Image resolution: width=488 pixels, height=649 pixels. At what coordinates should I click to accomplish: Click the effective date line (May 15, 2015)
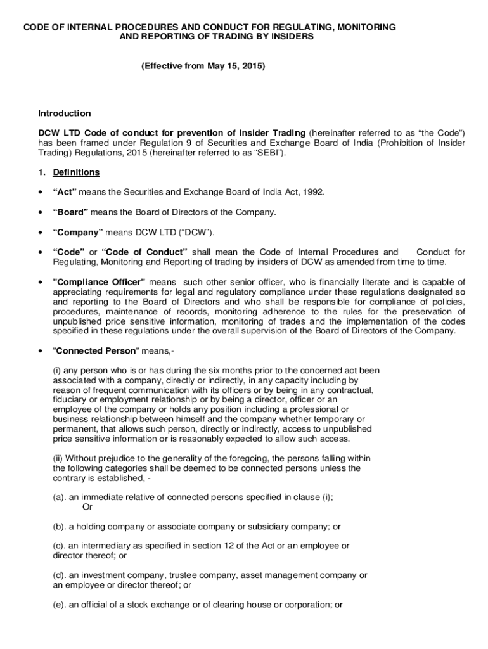203,65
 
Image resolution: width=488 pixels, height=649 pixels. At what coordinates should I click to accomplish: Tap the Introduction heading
65,113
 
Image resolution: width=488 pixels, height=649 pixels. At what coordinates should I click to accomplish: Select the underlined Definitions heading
76,172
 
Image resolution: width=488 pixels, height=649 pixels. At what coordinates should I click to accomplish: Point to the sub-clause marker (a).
60,498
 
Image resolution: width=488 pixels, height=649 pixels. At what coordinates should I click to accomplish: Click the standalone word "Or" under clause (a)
87,508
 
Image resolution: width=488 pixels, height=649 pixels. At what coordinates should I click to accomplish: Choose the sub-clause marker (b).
60,527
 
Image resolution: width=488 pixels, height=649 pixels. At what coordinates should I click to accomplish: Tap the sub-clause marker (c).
60,546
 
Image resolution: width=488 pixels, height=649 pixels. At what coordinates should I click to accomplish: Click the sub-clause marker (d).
60,575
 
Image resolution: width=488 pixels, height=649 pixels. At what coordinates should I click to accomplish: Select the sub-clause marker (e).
60,605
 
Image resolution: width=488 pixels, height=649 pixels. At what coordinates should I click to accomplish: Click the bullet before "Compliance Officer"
41,281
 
